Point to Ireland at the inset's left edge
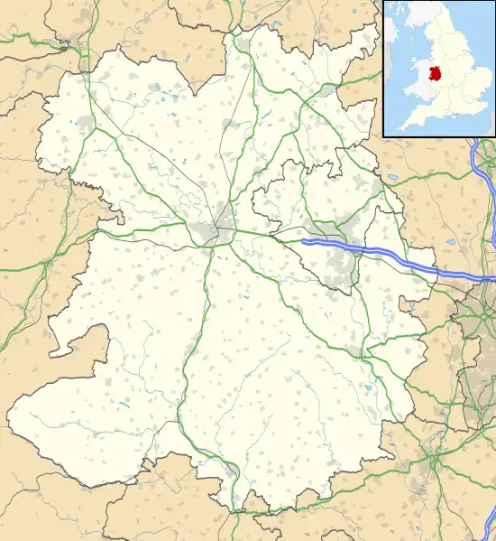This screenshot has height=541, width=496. (388, 54)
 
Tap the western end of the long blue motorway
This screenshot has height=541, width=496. (304, 241)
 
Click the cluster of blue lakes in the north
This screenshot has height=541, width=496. (162, 90)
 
